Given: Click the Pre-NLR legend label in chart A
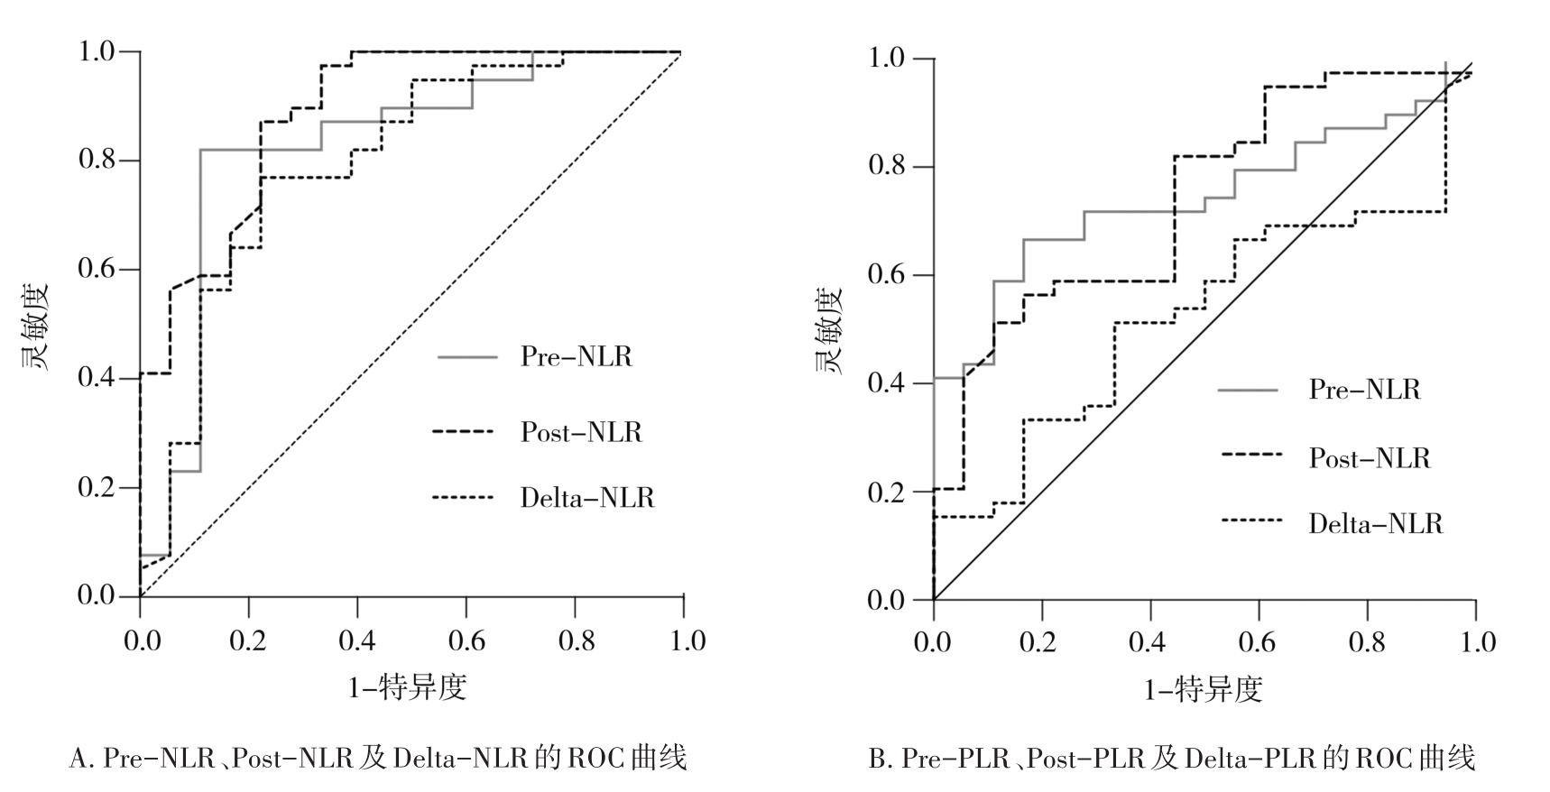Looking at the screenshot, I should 576,356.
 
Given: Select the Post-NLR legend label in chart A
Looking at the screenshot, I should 581,432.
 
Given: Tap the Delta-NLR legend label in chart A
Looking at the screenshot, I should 586,498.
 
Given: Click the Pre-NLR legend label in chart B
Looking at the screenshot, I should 1364,390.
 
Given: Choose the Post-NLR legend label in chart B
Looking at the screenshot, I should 1370,458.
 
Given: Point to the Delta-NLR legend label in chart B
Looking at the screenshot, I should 1375,523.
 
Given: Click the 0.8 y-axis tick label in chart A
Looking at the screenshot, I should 97,161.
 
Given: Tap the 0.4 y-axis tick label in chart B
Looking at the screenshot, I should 886,383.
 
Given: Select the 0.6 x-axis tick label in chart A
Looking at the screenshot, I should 466,640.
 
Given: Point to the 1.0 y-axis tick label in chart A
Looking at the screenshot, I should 97,51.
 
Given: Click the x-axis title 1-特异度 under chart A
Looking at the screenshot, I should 407,688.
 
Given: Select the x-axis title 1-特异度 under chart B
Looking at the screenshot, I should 1203,690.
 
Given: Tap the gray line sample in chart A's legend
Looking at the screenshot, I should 467,357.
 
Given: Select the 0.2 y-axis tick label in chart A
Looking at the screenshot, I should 97,487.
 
